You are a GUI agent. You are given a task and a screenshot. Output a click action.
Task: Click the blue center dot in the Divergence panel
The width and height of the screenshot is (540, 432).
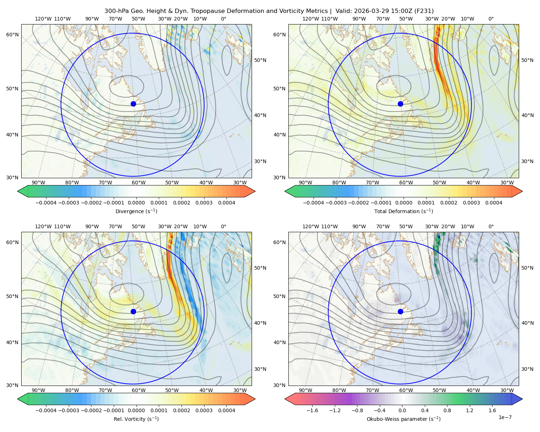coord(133,104)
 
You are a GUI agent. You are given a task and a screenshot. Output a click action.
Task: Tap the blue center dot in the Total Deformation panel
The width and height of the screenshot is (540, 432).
coord(400,104)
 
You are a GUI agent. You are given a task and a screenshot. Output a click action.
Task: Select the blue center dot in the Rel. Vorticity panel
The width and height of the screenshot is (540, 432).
coord(133,311)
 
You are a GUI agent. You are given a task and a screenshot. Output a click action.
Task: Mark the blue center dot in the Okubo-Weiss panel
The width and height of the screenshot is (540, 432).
coord(400,311)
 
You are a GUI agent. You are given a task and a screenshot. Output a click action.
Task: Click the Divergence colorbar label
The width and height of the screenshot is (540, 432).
coord(136,211)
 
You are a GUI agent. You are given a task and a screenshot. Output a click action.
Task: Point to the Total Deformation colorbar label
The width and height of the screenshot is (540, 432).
coord(404,211)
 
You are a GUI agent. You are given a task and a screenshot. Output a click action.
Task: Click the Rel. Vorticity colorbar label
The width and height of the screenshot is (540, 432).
coord(136,419)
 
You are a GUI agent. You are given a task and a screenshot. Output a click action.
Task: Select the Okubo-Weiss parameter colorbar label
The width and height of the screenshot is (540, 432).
coord(404,419)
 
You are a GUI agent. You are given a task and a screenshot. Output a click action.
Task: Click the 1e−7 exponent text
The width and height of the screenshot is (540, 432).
coord(505,417)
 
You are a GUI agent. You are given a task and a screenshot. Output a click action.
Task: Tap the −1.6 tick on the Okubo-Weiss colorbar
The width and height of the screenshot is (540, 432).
coord(312,410)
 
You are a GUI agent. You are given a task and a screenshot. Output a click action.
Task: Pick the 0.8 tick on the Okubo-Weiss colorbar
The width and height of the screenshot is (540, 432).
coord(447,410)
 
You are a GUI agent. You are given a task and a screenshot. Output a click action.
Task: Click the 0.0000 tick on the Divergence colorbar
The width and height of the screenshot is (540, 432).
coord(136,203)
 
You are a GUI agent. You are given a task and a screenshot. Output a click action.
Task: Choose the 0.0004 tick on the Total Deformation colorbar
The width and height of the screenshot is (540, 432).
coord(494,203)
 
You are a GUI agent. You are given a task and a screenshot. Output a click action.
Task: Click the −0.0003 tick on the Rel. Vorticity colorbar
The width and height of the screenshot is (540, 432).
coord(68,410)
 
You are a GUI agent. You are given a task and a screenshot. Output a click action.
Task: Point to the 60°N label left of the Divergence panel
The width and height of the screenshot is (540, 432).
coord(12,35)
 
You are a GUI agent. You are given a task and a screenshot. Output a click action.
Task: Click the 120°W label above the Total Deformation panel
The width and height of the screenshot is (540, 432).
coord(310,19)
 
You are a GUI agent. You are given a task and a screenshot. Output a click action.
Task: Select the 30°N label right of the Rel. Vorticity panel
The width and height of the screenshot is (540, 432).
coord(260,369)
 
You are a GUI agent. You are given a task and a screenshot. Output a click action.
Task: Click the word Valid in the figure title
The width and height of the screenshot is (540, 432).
coord(342,11)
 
